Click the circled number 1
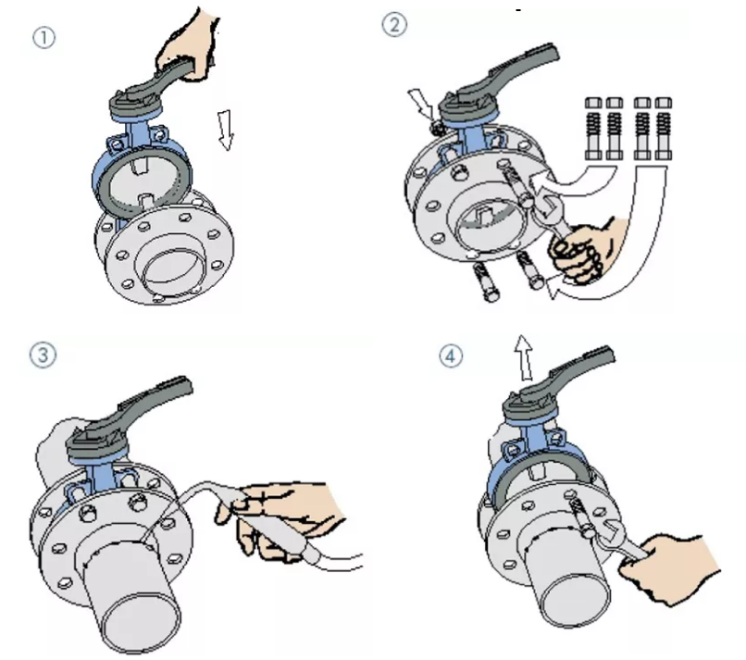pyautogui.click(x=44, y=38)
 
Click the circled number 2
pyautogui.click(x=394, y=24)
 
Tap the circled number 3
pyautogui.click(x=43, y=355)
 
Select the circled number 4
pyautogui.click(x=450, y=355)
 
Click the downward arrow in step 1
pyautogui.click(x=225, y=130)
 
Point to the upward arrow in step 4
pyautogui.click(x=524, y=357)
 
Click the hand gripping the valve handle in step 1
pyautogui.click(x=189, y=45)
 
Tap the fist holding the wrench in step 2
pyautogui.click(x=579, y=251)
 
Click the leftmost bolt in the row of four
pyautogui.click(x=593, y=129)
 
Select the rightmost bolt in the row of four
pyautogui.click(x=664, y=129)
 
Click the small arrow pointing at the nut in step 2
pyautogui.click(x=420, y=104)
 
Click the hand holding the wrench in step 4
pyautogui.click(x=671, y=568)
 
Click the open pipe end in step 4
pyautogui.click(x=577, y=601)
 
